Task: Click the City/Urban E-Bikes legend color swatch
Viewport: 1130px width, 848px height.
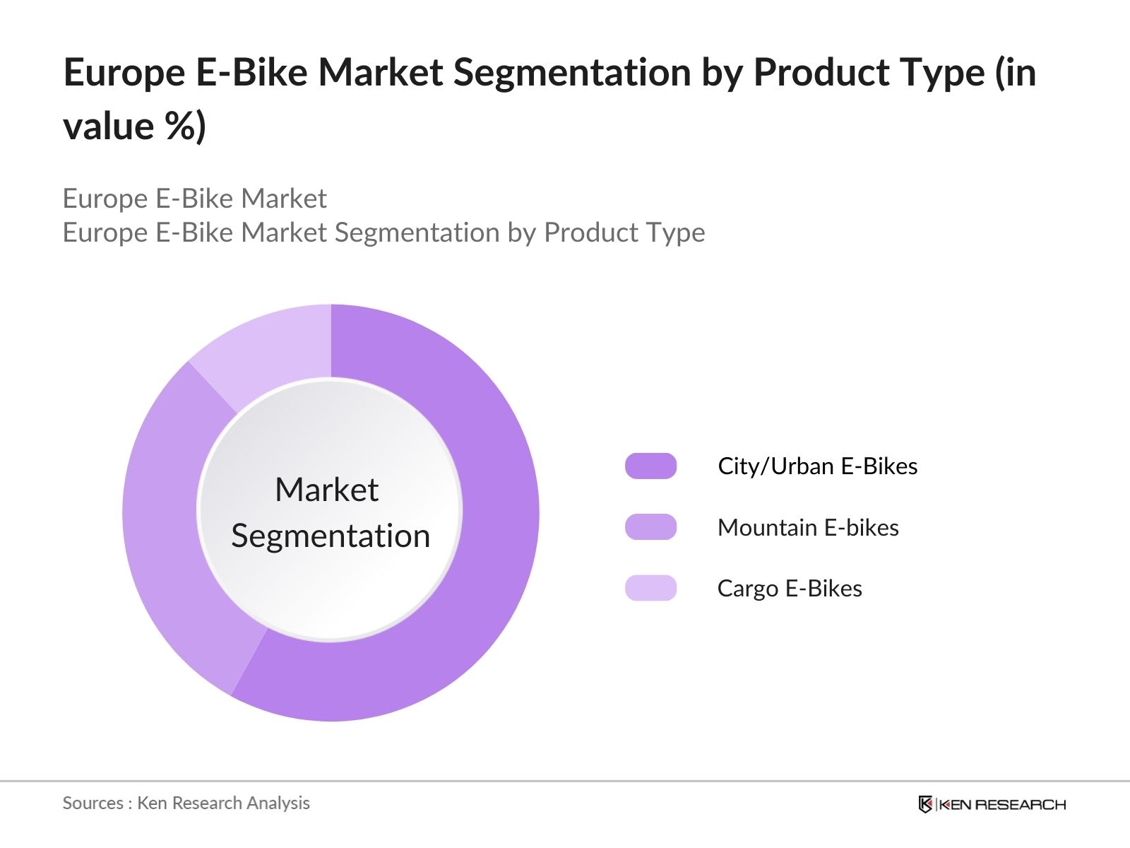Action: [650, 466]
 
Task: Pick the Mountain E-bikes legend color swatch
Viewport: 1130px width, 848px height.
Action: [650, 527]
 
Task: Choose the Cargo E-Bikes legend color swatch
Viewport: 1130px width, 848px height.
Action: [650, 588]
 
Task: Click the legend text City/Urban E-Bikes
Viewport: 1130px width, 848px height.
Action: [817, 466]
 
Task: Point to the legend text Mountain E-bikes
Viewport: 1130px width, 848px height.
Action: [807, 528]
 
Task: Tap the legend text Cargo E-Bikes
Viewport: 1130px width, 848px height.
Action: [790, 589]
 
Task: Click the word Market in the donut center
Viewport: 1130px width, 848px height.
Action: [326, 490]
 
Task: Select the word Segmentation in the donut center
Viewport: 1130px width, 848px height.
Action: [331, 536]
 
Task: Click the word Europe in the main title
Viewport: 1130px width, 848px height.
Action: [124, 73]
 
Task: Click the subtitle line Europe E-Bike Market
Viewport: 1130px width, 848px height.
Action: [194, 199]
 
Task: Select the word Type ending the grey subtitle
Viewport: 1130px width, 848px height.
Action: [673, 232]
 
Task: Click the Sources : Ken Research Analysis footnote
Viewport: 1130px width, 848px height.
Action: [186, 803]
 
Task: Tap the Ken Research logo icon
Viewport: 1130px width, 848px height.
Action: [925, 804]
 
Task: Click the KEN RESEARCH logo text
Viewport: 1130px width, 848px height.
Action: [1001, 804]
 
